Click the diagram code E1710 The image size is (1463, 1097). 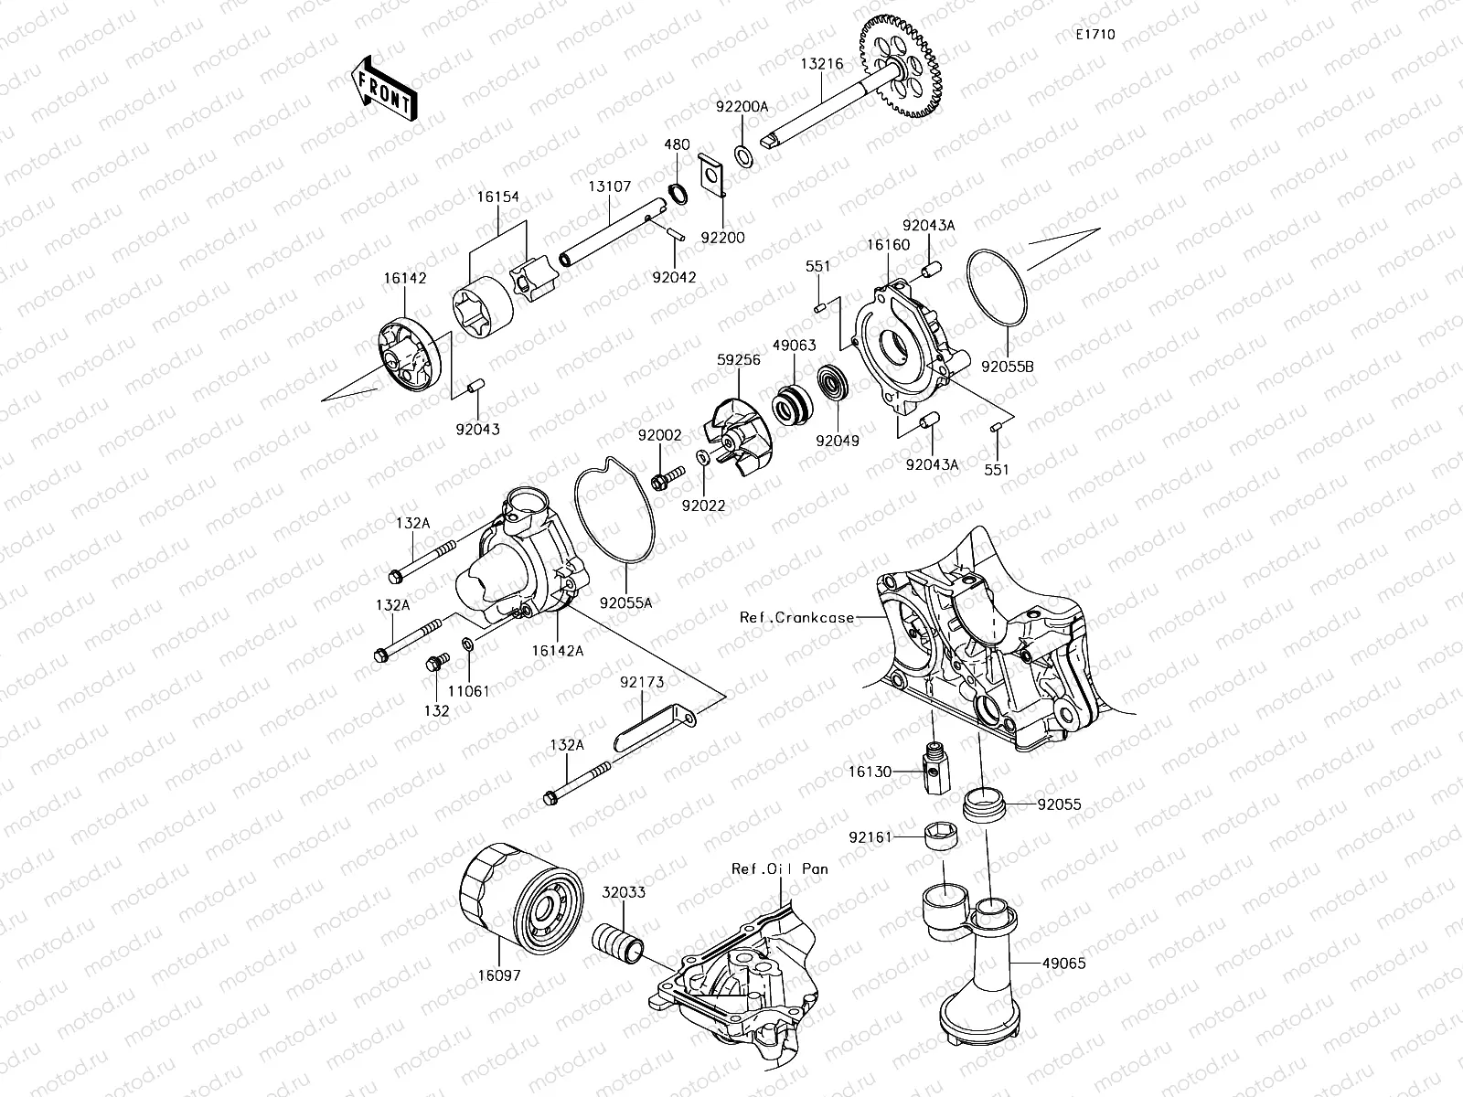click(x=1095, y=35)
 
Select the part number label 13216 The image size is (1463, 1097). click(x=821, y=64)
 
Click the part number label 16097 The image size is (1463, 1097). click(x=498, y=975)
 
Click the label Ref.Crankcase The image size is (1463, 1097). click(x=796, y=617)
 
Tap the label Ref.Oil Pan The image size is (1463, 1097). click(x=779, y=868)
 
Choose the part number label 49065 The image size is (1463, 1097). click(x=1063, y=964)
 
